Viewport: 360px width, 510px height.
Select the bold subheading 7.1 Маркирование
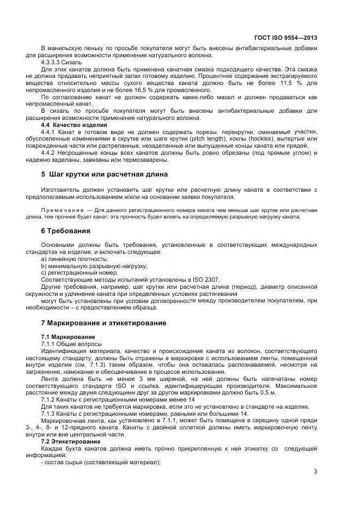tap(68, 337)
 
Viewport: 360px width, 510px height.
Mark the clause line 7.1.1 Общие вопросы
tap(71, 344)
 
